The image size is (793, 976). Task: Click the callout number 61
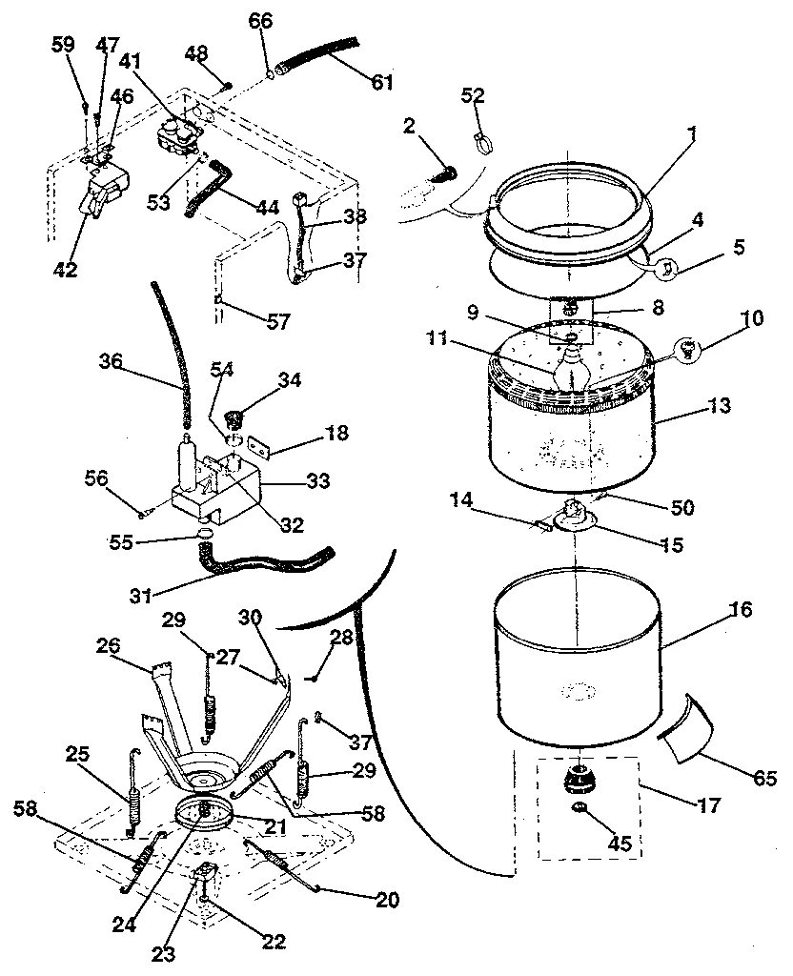[382, 83]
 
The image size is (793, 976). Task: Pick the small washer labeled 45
[579, 809]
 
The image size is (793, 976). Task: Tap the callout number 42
[66, 269]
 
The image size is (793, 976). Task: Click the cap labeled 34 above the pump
[234, 417]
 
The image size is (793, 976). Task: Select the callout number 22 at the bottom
[274, 941]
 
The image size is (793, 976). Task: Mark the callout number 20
[387, 899]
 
